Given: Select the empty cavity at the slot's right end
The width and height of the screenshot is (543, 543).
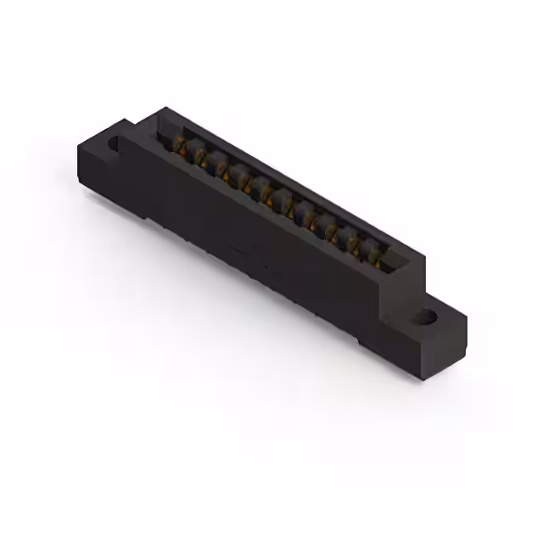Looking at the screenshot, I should click(392, 260).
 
